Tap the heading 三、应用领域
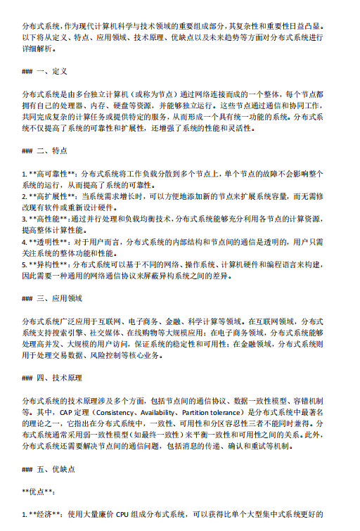point(64,298)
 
